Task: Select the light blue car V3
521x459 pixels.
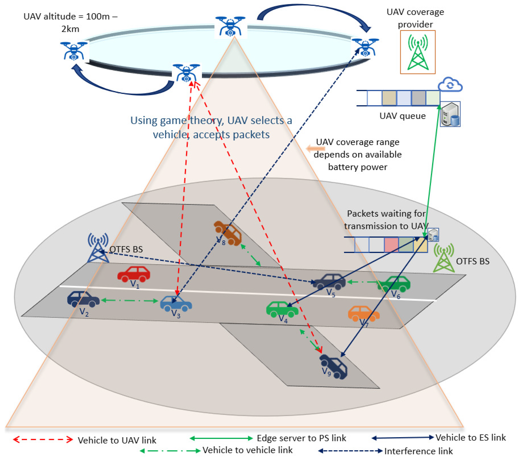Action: (x=176, y=303)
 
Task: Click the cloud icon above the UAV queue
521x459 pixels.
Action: (x=450, y=84)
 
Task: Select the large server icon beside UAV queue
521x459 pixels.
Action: (x=450, y=114)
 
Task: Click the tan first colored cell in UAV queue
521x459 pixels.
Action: (x=389, y=98)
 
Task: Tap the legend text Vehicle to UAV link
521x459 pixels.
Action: (x=117, y=440)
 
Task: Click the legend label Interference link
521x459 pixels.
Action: (x=418, y=451)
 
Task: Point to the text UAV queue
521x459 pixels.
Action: (x=402, y=116)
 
